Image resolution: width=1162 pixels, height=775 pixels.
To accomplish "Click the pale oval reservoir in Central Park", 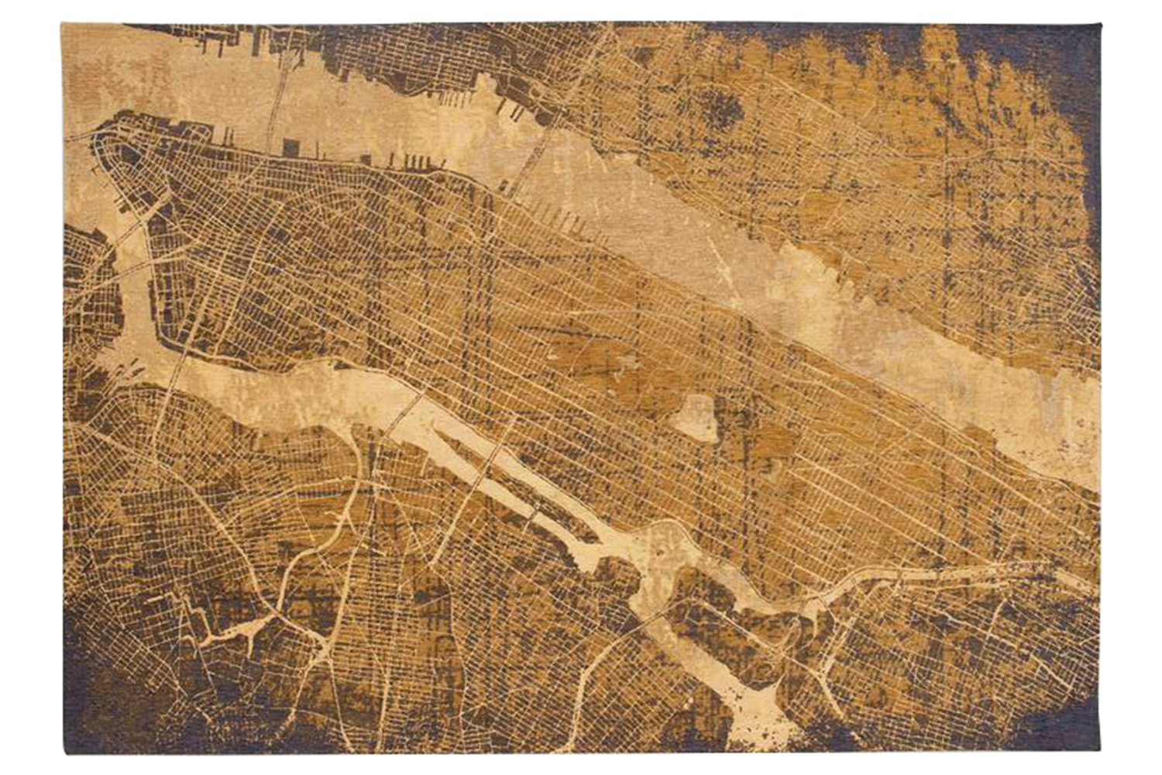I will [694, 418].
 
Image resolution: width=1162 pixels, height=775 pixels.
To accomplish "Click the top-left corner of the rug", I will [64, 25].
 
